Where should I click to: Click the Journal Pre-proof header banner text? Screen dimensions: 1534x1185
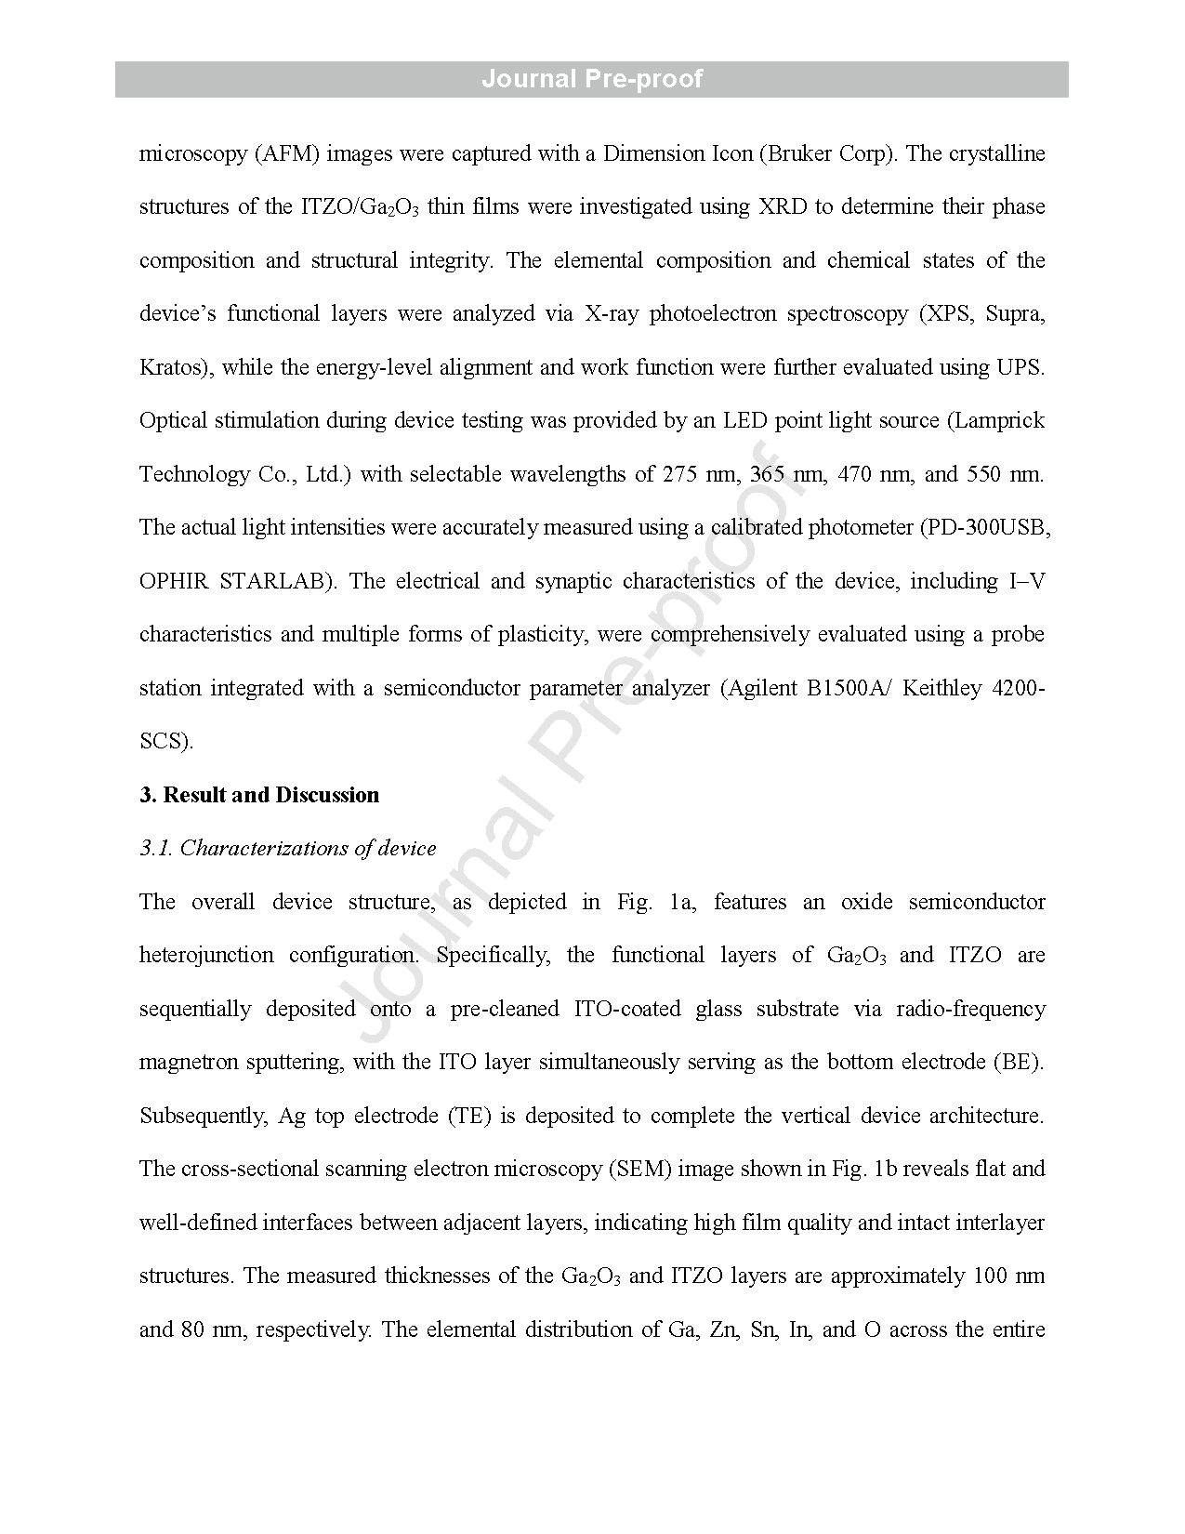pos(591,79)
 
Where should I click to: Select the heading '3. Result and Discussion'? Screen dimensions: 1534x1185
pos(259,795)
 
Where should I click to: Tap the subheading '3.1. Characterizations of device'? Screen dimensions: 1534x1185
pos(287,848)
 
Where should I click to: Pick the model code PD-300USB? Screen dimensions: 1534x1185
pos(988,527)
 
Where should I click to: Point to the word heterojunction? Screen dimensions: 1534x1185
pos(206,955)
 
